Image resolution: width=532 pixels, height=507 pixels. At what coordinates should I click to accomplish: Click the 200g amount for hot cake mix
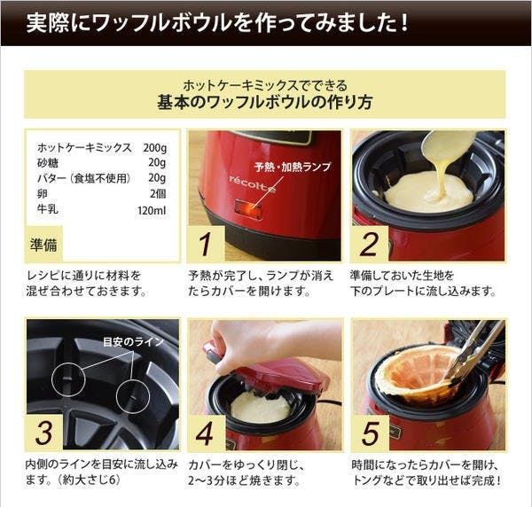(154, 148)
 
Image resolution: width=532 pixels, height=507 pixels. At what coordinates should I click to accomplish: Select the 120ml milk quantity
(152, 211)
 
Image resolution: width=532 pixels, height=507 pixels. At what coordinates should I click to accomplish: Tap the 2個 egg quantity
(158, 193)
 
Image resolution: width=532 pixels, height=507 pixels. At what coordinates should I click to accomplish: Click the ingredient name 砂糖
(48, 163)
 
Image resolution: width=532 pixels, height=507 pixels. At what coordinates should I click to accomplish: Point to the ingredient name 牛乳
(48, 209)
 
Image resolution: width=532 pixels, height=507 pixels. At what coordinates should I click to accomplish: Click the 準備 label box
(43, 244)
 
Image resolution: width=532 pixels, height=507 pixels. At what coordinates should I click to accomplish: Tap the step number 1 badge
(206, 244)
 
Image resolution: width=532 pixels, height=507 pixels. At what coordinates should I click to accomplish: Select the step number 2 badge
(370, 244)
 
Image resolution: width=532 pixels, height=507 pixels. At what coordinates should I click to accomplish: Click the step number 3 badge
(44, 433)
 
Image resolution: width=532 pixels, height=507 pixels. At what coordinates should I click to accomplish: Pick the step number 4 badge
(206, 433)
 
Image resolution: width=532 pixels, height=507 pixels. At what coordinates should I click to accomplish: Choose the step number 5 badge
(371, 433)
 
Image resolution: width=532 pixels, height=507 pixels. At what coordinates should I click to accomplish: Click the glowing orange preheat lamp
(248, 208)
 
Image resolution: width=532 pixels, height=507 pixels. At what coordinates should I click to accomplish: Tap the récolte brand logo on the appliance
(253, 183)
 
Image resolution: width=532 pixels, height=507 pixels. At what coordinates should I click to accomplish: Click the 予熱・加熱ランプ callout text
(292, 167)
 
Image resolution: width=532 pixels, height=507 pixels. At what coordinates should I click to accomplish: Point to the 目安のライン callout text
(134, 342)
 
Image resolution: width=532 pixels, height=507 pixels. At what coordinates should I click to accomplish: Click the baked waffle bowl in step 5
(418, 377)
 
